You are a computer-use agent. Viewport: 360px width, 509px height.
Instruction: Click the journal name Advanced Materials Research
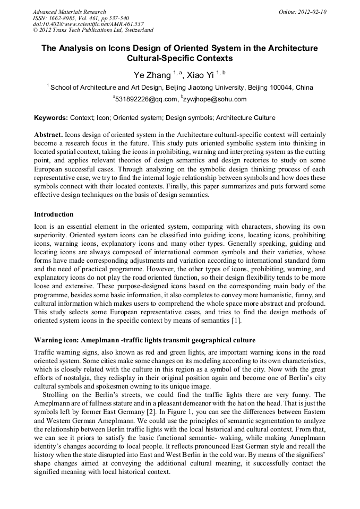(x=69, y=12)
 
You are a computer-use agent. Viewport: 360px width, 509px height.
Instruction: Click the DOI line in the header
(x=88, y=24)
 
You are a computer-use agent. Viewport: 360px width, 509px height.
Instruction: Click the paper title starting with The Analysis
(x=179, y=53)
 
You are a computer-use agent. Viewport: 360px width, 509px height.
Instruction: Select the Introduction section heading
(x=54, y=214)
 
